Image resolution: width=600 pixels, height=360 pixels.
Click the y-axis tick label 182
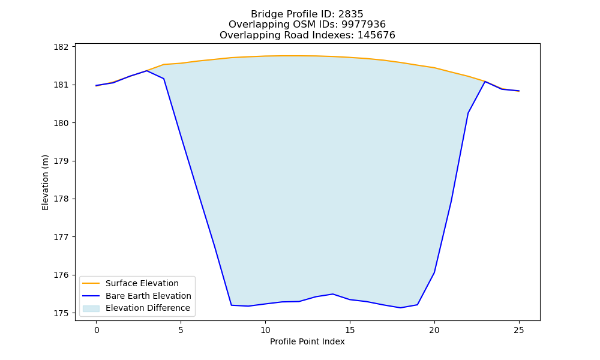click(61, 47)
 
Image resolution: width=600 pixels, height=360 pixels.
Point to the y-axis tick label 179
click(61, 161)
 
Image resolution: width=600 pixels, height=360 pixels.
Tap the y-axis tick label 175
click(61, 313)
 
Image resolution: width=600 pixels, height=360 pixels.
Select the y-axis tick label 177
click(61, 237)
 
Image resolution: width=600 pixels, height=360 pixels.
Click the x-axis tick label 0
click(97, 330)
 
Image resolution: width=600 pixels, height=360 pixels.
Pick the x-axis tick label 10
click(265, 330)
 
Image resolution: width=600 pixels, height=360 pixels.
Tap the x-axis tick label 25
click(519, 330)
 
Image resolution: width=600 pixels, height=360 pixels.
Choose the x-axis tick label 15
click(350, 330)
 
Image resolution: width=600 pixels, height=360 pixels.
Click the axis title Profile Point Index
click(307, 341)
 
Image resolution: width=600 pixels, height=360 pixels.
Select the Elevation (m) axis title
click(45, 182)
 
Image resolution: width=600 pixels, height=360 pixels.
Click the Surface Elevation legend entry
click(130, 283)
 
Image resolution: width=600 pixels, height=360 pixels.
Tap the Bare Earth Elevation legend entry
click(137, 296)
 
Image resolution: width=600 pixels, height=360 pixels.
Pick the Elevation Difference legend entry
click(136, 308)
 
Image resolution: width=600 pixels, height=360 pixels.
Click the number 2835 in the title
click(350, 14)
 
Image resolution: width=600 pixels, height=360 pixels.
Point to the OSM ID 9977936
click(364, 25)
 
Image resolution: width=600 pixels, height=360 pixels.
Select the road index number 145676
click(376, 35)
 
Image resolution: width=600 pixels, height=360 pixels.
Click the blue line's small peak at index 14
click(333, 294)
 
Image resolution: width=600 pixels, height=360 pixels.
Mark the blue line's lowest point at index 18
click(400, 308)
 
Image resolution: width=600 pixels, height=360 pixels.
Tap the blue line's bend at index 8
click(232, 305)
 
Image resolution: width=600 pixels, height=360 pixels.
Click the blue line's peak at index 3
click(147, 71)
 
